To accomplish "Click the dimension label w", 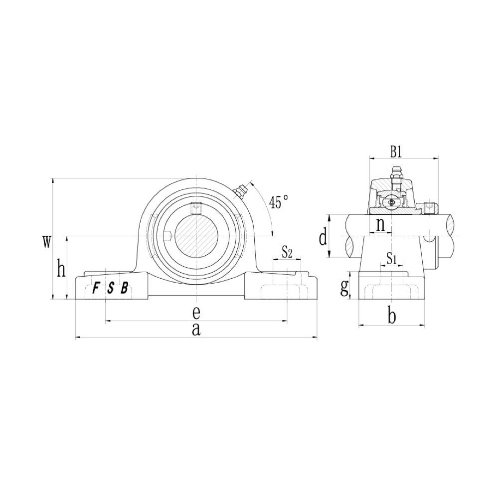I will (46, 242).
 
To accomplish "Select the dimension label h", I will (61, 270).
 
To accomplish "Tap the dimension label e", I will (196, 313).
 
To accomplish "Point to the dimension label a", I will (196, 329).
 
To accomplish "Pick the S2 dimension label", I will (287, 252).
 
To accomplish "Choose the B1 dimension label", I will (396, 151).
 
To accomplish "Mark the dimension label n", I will (380, 225).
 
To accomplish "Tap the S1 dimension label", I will (391, 258).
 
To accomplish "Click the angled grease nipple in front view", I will (240, 191).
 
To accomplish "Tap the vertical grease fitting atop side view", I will (396, 175).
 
